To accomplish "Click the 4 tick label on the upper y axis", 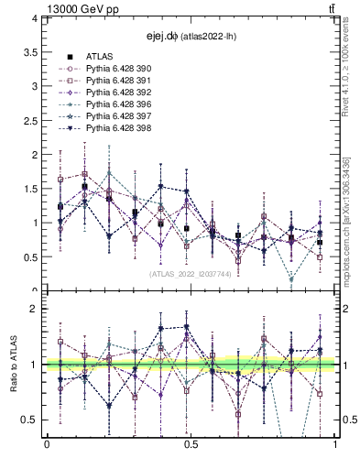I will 33,18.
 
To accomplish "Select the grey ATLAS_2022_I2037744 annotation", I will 190,273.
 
